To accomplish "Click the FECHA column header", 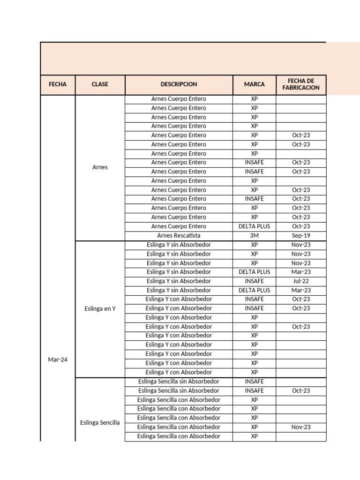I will coord(58,84).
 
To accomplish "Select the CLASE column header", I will coord(100,84).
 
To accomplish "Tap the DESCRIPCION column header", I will coord(179,84).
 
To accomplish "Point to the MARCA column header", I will coord(254,84).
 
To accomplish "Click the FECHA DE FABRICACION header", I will coord(300,84).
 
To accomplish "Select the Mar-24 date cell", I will coord(58,360).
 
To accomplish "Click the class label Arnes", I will coord(100,167).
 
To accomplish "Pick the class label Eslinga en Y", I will coord(100,308).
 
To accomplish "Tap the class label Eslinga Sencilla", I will coord(100,422).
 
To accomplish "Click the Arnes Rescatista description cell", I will coord(179,235).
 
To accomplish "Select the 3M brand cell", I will coord(254,235).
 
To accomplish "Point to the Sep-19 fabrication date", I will coord(300,235).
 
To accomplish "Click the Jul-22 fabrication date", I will coord(300,281).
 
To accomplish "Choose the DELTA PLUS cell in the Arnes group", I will coord(254,226).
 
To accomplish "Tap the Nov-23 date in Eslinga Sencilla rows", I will coord(300,427).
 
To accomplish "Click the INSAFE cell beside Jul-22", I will coord(254,281).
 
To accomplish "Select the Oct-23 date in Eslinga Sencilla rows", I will coord(300,390).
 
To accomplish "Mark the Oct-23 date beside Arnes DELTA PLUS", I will coord(300,226).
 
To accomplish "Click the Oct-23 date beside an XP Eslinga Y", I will coord(300,327).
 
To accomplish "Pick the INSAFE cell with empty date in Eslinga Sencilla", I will coord(254,382).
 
